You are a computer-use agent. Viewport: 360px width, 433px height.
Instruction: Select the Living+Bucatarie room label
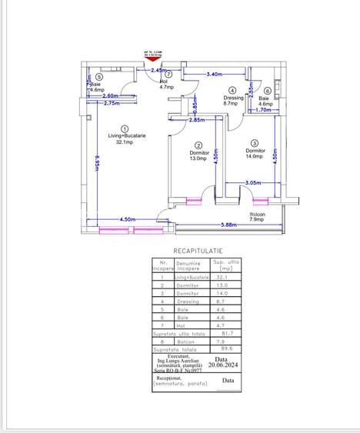coord(126,136)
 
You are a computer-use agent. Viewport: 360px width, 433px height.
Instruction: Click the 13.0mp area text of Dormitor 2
coord(198,159)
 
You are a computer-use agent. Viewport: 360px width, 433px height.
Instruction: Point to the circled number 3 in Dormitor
coord(255,142)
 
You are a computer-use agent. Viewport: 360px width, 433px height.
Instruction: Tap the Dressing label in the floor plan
coord(233,98)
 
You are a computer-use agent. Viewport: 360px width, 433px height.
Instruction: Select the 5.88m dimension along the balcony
coord(228,225)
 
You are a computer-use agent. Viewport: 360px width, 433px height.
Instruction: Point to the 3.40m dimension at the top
coord(215,74)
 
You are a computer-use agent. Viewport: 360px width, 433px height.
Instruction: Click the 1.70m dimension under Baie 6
coord(263,110)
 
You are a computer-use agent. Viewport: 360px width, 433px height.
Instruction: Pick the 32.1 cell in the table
coord(223,277)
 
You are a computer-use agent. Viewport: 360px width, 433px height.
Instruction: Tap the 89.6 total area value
coord(223,348)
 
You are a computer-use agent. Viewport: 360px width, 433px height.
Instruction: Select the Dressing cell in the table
coord(188,301)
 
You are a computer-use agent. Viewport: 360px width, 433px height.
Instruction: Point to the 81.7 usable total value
coord(223,333)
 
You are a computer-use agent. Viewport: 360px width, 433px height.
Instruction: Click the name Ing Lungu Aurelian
coord(178,360)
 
